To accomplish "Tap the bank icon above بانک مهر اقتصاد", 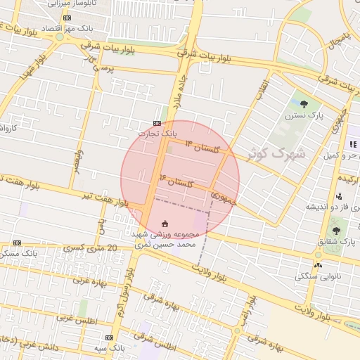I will (67, 18).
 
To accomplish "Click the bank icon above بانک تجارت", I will (157, 123).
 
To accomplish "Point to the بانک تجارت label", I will (156, 132).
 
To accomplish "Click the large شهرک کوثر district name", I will (276, 152).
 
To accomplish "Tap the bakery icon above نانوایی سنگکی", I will (319, 265).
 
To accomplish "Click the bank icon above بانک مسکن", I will (17, 243).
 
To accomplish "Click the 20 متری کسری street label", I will (82, 248).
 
